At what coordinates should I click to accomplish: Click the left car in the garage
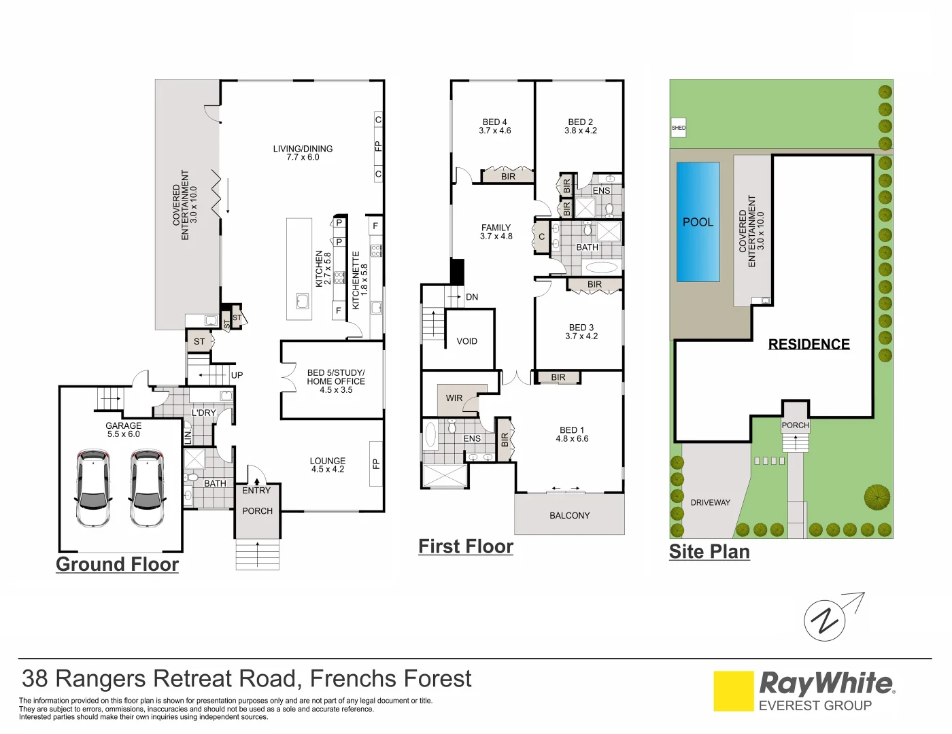pos(92,487)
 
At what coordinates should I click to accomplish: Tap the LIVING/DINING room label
pos(303,153)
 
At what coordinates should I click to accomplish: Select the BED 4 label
pos(494,126)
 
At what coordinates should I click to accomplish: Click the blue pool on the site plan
pos(698,222)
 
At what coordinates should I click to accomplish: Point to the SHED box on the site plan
pos(678,128)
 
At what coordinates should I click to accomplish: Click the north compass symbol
pos(825,620)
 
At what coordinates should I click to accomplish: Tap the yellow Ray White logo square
pos(733,691)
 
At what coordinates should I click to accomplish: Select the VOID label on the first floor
pos(466,341)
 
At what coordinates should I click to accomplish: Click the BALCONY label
pos(569,515)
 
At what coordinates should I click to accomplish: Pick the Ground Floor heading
pos(117,564)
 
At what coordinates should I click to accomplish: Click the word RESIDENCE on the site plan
pos(809,344)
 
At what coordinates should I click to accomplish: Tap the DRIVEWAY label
pos(710,502)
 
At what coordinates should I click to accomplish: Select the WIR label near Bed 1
pos(454,398)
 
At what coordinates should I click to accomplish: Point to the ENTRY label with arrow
pos(256,489)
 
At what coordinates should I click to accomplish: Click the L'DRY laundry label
pos(203,413)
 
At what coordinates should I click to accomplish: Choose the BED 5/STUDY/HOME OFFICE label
pos(336,381)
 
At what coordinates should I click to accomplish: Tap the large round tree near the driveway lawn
pos(877,497)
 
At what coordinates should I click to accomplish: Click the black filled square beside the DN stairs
pos(457,272)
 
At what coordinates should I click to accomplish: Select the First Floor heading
pos(466,546)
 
